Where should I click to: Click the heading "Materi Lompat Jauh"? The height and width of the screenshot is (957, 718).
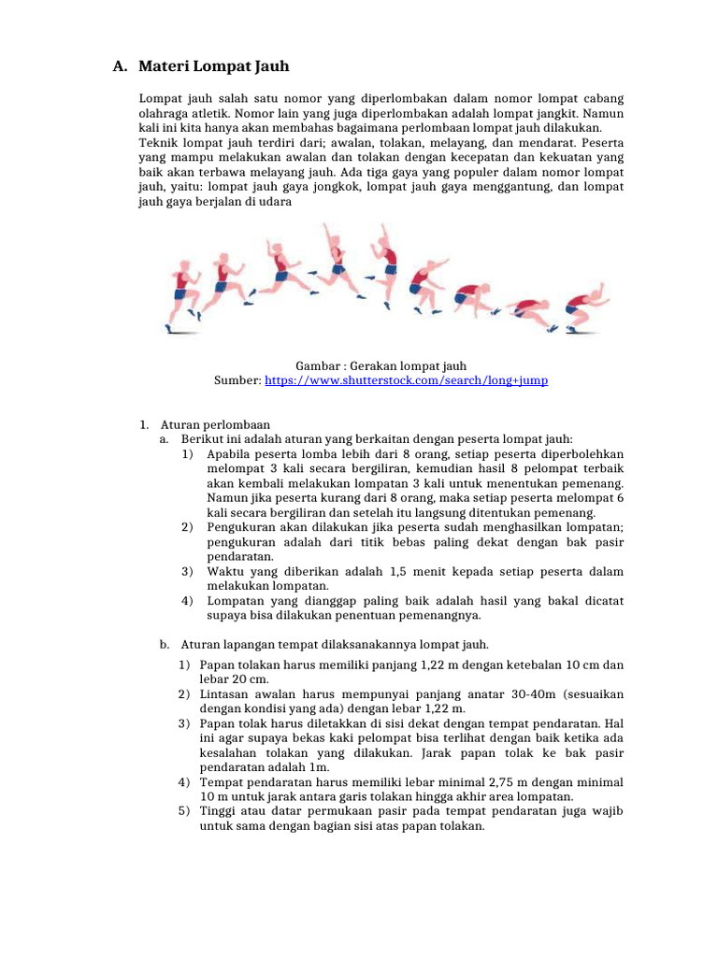point(214,66)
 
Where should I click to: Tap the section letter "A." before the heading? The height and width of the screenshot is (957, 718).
point(119,66)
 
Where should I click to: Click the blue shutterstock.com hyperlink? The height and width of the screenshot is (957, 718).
point(407,381)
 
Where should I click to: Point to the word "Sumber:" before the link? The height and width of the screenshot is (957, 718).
point(238,381)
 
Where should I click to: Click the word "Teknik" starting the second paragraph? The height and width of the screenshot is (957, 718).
point(159,144)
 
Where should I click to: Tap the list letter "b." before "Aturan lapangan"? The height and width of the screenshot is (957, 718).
point(165,645)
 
